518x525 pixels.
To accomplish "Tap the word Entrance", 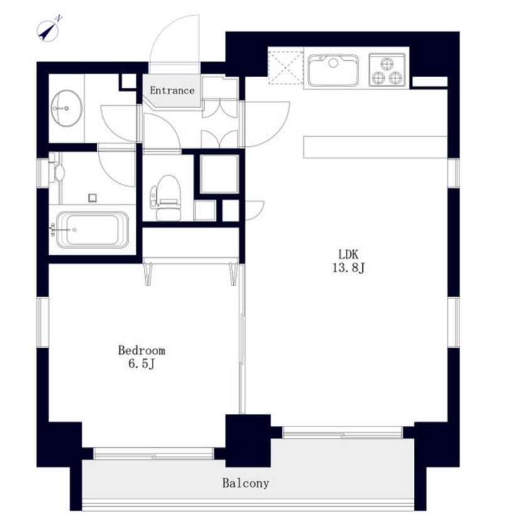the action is pyautogui.click(x=172, y=90).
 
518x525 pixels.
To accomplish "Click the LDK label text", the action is pyautogui.click(x=348, y=255).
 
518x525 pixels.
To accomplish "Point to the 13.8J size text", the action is pyautogui.click(x=348, y=268).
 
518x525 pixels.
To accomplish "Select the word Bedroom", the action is pyautogui.click(x=142, y=350).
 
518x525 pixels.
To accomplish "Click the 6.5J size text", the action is pyautogui.click(x=141, y=364).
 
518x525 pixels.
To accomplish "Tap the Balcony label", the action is pyautogui.click(x=246, y=483).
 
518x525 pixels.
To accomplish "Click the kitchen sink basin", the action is pyautogui.click(x=333, y=70).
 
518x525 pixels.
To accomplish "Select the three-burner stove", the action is pyautogui.click(x=387, y=70).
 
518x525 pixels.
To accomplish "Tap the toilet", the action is pyautogui.click(x=166, y=198).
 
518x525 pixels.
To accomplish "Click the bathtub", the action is pyautogui.click(x=92, y=230).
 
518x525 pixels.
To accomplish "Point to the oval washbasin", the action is pyautogui.click(x=67, y=108).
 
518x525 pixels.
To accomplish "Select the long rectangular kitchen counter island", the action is pyautogui.click(x=375, y=147).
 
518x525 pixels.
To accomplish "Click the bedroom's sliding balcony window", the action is pyautogui.click(x=153, y=453).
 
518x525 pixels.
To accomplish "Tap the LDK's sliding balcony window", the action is pyautogui.click(x=342, y=433).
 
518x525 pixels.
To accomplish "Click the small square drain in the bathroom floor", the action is pyautogui.click(x=93, y=198).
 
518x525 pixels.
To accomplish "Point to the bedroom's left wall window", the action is pyautogui.click(x=43, y=322).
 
